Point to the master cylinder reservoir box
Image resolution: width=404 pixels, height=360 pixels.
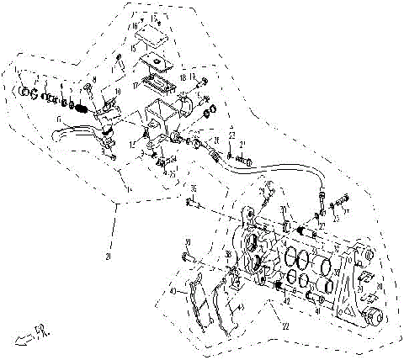[165, 114]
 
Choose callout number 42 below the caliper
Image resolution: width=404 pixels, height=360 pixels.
[287, 299]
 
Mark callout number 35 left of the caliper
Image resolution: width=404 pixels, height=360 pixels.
[192, 188]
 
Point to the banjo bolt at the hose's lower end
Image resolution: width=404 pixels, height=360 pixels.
[322, 203]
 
